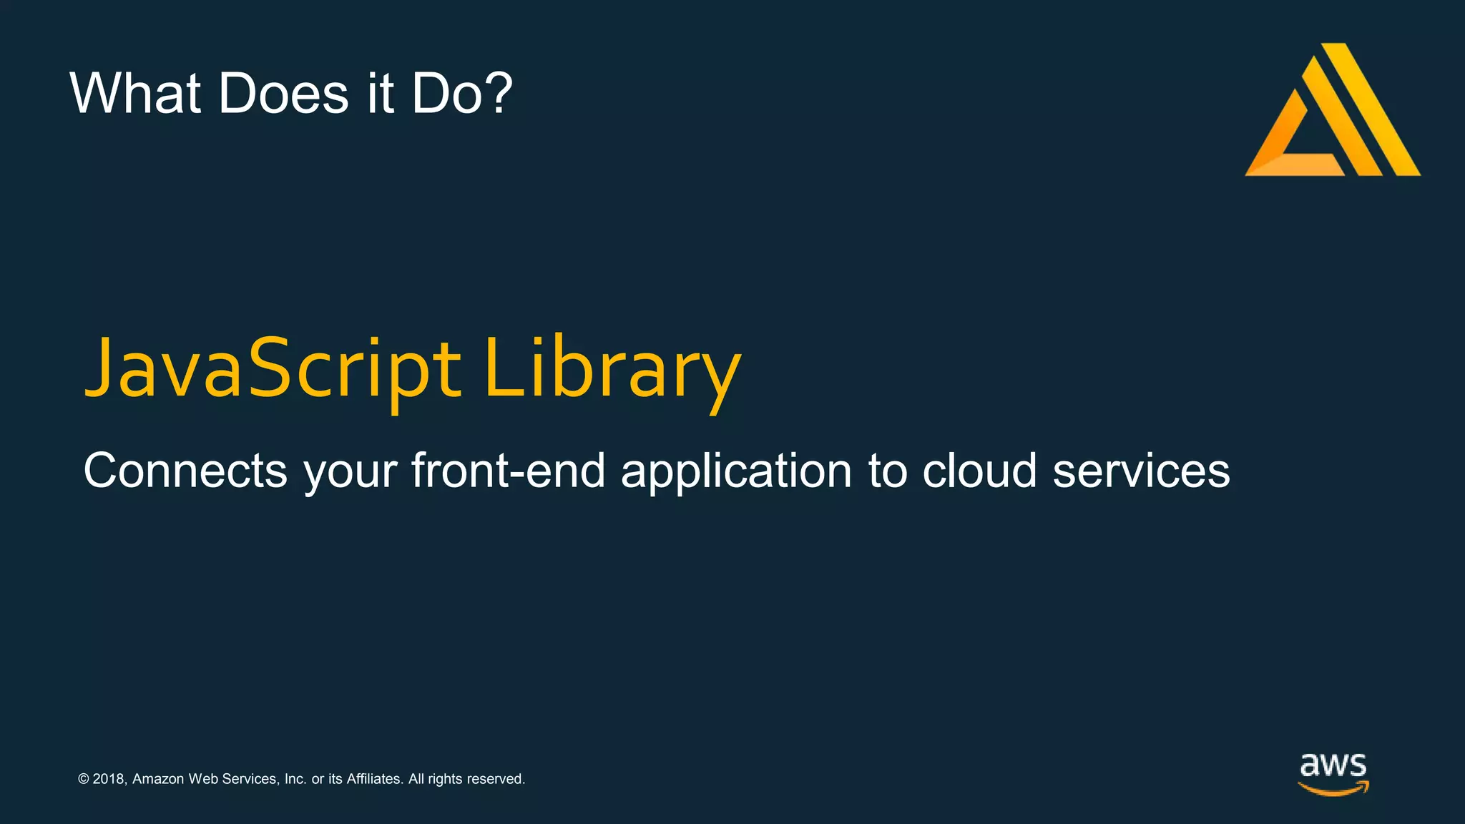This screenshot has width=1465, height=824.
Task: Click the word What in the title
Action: pos(134,93)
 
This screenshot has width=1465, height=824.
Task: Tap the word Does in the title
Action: pos(283,93)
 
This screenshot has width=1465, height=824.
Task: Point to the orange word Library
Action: pos(612,369)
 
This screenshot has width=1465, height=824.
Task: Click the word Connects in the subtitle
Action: pos(185,471)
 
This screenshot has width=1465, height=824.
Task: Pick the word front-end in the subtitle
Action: pos(508,471)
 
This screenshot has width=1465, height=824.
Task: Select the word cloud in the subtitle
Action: pos(979,471)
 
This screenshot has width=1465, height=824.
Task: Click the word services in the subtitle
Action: pos(1141,471)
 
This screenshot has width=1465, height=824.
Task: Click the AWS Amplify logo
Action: pos(1332,111)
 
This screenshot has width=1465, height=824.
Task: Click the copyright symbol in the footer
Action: pos(84,779)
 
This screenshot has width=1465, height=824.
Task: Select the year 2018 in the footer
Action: pos(109,779)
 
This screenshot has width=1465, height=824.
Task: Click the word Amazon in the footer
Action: pos(158,779)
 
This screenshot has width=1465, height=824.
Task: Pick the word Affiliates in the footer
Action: pos(374,779)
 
